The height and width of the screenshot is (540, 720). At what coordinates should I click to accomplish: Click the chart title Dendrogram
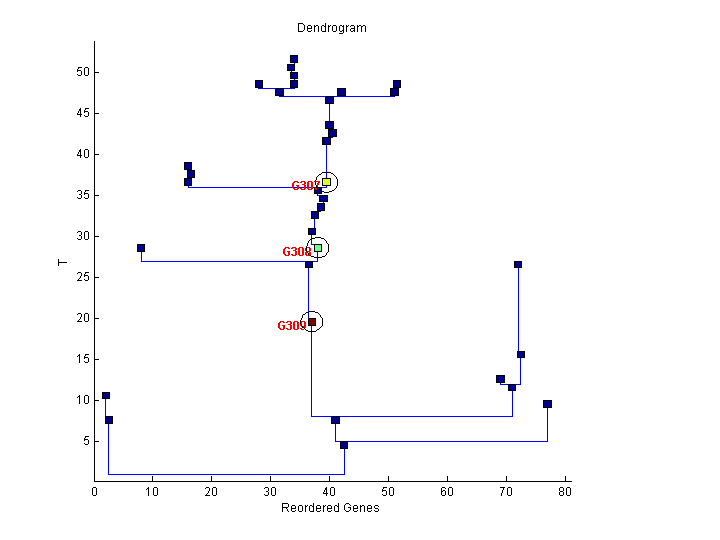[331, 28]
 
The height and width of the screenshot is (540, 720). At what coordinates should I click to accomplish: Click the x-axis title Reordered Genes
[331, 508]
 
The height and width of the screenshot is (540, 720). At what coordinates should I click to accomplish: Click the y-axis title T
[62, 262]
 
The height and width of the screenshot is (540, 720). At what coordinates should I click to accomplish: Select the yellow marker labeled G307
[326, 182]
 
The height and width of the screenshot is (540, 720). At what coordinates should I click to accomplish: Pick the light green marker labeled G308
[318, 248]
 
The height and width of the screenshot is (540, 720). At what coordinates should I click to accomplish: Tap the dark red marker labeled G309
[312, 322]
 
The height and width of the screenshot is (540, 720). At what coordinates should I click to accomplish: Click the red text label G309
[291, 326]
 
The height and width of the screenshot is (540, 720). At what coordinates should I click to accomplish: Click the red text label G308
[296, 252]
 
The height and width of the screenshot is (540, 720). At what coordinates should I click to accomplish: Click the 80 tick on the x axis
[565, 491]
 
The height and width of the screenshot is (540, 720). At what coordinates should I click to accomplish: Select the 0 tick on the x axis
[95, 491]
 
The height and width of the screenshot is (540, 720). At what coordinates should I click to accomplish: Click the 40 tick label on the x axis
[330, 491]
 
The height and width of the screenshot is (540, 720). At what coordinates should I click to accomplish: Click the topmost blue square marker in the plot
[294, 59]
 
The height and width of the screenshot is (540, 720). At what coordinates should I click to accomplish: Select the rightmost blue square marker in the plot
[547, 404]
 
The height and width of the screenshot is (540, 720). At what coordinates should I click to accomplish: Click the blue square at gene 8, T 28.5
[141, 248]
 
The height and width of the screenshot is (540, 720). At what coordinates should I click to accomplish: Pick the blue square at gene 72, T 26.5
[518, 264]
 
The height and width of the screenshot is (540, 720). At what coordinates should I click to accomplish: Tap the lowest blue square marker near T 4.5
[344, 445]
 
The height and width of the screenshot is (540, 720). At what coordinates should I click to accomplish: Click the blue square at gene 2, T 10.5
[106, 395]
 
